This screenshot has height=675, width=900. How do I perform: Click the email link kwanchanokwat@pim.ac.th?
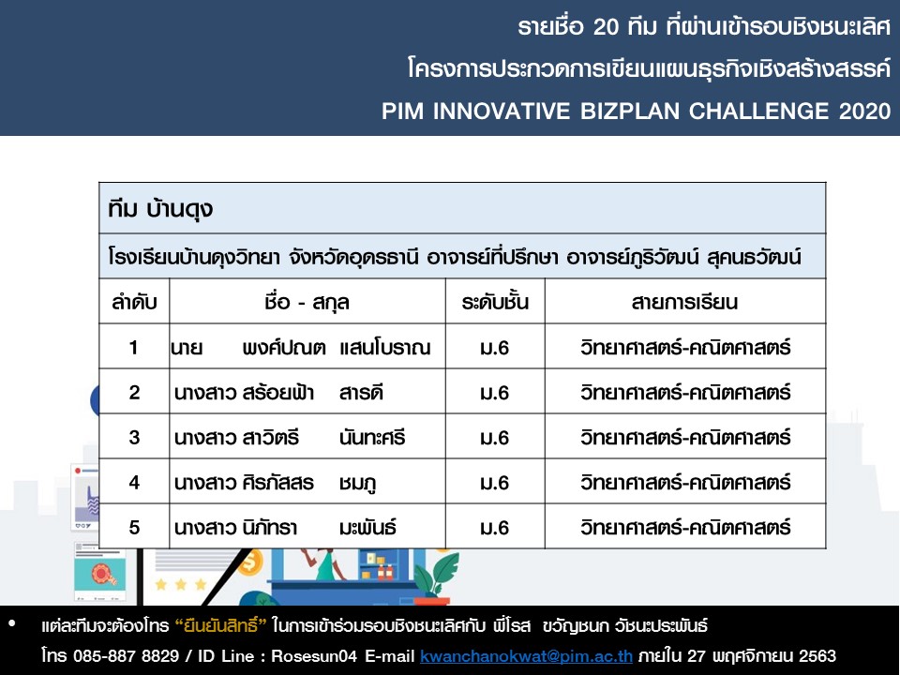(526, 655)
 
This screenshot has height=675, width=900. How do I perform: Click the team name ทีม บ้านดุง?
(160, 208)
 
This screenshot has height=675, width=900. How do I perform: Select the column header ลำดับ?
(134, 302)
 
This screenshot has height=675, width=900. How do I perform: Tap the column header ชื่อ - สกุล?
(307, 302)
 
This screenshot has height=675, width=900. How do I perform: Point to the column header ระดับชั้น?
(495, 302)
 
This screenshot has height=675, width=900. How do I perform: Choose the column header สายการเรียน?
(684, 302)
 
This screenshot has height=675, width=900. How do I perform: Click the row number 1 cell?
(134, 347)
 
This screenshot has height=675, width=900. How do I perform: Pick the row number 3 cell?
(134, 438)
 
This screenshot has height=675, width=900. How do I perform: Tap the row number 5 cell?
(134, 528)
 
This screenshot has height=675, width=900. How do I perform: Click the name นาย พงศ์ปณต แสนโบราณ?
(300, 348)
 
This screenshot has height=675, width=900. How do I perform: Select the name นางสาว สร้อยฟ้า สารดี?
(278, 393)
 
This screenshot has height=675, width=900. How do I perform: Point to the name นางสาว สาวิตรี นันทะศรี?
(290, 438)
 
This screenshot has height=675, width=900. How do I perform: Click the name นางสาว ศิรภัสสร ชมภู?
(276, 483)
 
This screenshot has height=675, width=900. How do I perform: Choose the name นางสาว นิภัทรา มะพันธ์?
(285, 528)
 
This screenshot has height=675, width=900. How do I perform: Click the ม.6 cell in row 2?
(495, 393)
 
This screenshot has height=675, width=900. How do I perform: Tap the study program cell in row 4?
(685, 483)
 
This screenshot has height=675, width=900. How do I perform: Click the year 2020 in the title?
(864, 111)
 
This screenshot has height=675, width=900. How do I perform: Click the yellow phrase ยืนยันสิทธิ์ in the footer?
(220, 625)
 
